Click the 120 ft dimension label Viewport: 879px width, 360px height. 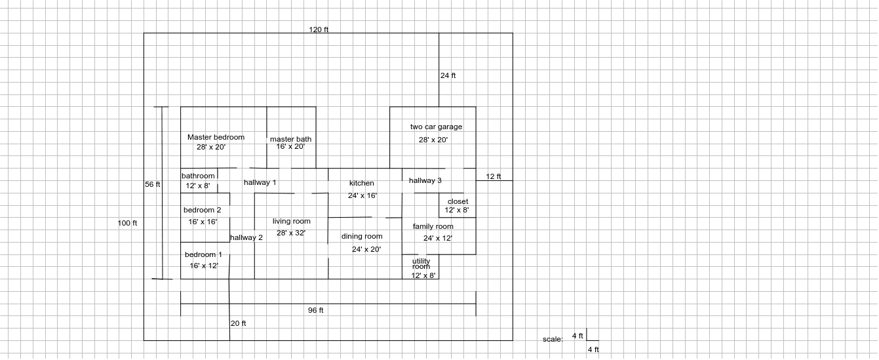(319, 30)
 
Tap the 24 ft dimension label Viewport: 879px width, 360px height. (448, 76)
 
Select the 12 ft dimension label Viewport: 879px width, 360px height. (494, 177)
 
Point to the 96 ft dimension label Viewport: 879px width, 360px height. (316, 311)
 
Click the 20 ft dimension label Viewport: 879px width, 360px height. (239, 324)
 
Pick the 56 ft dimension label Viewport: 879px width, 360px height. (152, 185)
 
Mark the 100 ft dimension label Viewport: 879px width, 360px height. (127, 224)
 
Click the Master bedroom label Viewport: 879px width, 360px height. (216, 138)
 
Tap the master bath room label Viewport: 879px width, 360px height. (290, 140)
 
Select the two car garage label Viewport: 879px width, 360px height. (436, 127)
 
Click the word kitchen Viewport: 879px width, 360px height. (362, 184)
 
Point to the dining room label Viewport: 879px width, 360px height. (362, 237)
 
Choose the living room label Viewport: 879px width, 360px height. (292, 222)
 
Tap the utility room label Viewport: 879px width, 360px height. (421, 264)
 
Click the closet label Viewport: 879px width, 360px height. (458, 202)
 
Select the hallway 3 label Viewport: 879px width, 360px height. (425, 181)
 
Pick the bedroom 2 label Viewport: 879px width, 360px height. (202, 210)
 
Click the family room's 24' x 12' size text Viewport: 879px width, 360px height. (437, 239)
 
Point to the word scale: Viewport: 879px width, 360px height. (553, 340)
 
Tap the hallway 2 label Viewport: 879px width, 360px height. (246, 238)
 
